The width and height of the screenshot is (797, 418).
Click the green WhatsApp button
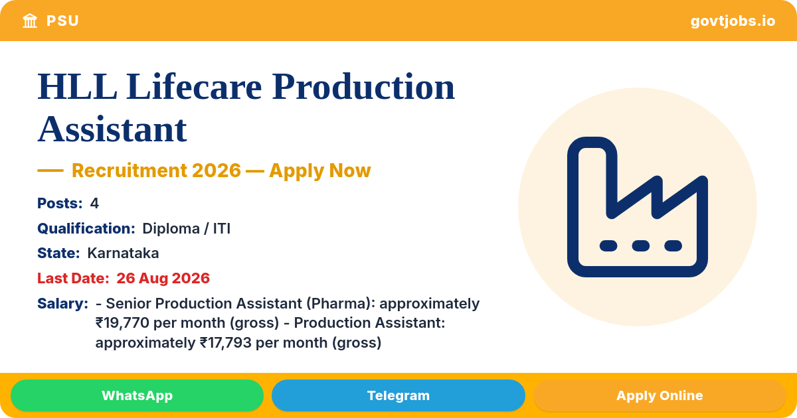pyautogui.click(x=137, y=395)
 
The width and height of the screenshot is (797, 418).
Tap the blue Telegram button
pyautogui.click(x=398, y=395)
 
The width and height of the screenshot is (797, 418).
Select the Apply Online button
pyautogui.click(x=660, y=395)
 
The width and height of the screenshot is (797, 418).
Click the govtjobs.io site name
pyautogui.click(x=733, y=21)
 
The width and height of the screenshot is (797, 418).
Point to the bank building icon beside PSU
pyautogui.click(x=30, y=21)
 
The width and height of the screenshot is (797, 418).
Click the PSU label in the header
pyautogui.click(x=62, y=21)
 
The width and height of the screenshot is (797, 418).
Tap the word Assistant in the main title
pyautogui.click(x=112, y=129)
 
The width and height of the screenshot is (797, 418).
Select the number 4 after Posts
pyautogui.click(x=94, y=203)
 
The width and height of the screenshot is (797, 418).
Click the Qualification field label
pyautogui.click(x=86, y=228)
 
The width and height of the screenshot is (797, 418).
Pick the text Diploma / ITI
pyautogui.click(x=186, y=228)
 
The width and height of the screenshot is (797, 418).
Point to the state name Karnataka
pyautogui.click(x=123, y=253)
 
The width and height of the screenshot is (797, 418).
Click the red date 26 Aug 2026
pyautogui.click(x=163, y=278)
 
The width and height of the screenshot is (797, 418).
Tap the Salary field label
pyautogui.click(x=62, y=304)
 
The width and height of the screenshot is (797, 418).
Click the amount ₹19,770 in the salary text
pyautogui.click(x=122, y=323)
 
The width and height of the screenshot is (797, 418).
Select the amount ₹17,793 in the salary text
pyautogui.click(x=226, y=343)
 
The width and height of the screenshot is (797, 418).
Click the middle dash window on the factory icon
pyautogui.click(x=641, y=245)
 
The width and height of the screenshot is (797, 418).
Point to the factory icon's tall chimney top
pyautogui.click(x=592, y=143)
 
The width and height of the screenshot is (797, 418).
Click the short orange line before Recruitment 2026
pyautogui.click(x=50, y=171)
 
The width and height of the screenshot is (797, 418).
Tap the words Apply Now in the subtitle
pyautogui.click(x=320, y=171)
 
